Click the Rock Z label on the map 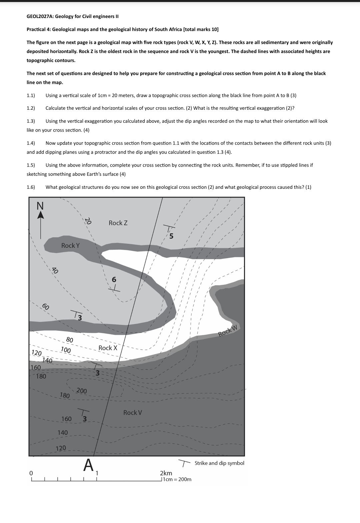[118, 223]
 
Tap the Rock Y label [70, 245]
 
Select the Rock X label [108, 348]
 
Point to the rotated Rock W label [228, 330]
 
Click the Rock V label [133, 413]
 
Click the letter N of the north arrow [40, 206]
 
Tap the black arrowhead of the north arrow [40, 215]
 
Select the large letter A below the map [88, 465]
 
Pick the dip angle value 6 [114, 280]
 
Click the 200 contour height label [82, 391]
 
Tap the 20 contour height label [88, 221]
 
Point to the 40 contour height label [55, 271]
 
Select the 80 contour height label [69, 340]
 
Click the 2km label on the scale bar [166, 473]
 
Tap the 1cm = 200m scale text [177, 479]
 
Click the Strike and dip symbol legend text [219, 463]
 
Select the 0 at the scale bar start [31, 473]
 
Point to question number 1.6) [31, 187]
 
